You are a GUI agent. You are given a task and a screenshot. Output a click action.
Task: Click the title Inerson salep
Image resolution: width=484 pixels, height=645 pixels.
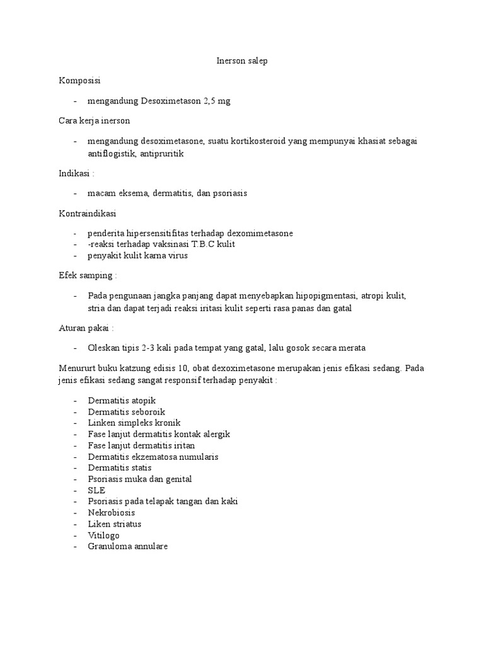click(x=242, y=61)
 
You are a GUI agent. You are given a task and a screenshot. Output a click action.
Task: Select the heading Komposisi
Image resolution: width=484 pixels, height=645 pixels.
click(x=79, y=81)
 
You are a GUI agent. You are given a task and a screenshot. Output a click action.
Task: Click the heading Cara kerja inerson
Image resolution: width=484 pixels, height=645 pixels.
click(x=95, y=120)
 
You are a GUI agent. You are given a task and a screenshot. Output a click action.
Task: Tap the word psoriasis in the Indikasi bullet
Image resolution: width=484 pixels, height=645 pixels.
click(x=228, y=193)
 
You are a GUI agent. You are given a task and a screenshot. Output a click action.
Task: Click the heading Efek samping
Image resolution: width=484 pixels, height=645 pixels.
click(x=88, y=275)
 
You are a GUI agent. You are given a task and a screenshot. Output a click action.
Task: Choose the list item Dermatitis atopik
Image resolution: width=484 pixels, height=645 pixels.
click(x=122, y=400)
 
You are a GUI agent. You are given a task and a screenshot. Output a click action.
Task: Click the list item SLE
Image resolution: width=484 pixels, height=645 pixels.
click(x=96, y=490)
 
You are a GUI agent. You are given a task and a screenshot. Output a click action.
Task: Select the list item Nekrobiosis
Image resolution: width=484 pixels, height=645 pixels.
click(x=112, y=513)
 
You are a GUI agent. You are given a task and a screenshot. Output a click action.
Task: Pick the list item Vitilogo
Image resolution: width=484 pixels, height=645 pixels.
click(x=104, y=535)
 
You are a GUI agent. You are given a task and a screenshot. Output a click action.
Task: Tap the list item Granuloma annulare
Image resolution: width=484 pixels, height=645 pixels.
click(x=127, y=547)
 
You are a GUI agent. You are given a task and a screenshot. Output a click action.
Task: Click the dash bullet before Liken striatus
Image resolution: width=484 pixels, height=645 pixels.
click(x=76, y=524)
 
